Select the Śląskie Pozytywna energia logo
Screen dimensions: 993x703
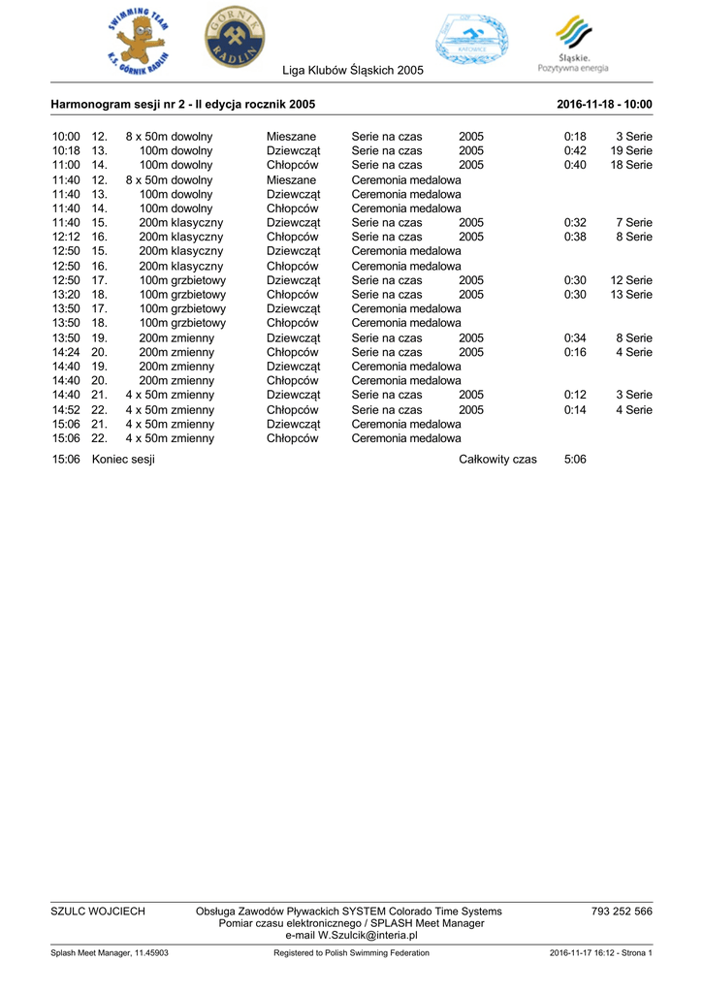[573, 44]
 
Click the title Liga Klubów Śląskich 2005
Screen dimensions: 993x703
[353, 72]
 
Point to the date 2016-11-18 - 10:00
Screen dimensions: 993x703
[604, 105]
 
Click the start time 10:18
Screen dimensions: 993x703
[66, 151]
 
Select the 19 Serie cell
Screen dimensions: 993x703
[631, 151]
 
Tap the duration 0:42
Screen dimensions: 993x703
[575, 151]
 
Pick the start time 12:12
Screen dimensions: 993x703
[66, 237]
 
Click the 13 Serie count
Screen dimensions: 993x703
[631, 295]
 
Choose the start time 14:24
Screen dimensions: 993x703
[66, 352]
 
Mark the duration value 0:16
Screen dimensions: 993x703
[575, 352]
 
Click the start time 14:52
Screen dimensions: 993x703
[66, 410]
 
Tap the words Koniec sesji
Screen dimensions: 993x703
[123, 460]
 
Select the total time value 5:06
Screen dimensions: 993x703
[575, 460]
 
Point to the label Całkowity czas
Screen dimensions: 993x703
[497, 460]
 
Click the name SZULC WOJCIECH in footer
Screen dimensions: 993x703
[98, 912]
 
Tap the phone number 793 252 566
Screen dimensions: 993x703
[622, 912]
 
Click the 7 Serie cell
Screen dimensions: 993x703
[634, 223]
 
